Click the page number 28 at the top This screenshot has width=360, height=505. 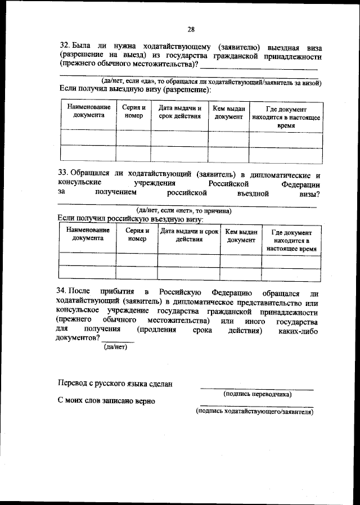click(191, 29)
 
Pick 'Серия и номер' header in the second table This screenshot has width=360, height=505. click(137, 235)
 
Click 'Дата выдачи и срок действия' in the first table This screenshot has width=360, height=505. click(179, 111)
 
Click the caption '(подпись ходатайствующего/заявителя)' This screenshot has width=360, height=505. click(254, 412)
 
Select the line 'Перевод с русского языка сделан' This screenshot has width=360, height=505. click(115, 384)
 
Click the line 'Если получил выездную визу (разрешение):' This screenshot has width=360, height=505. click(134, 90)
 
